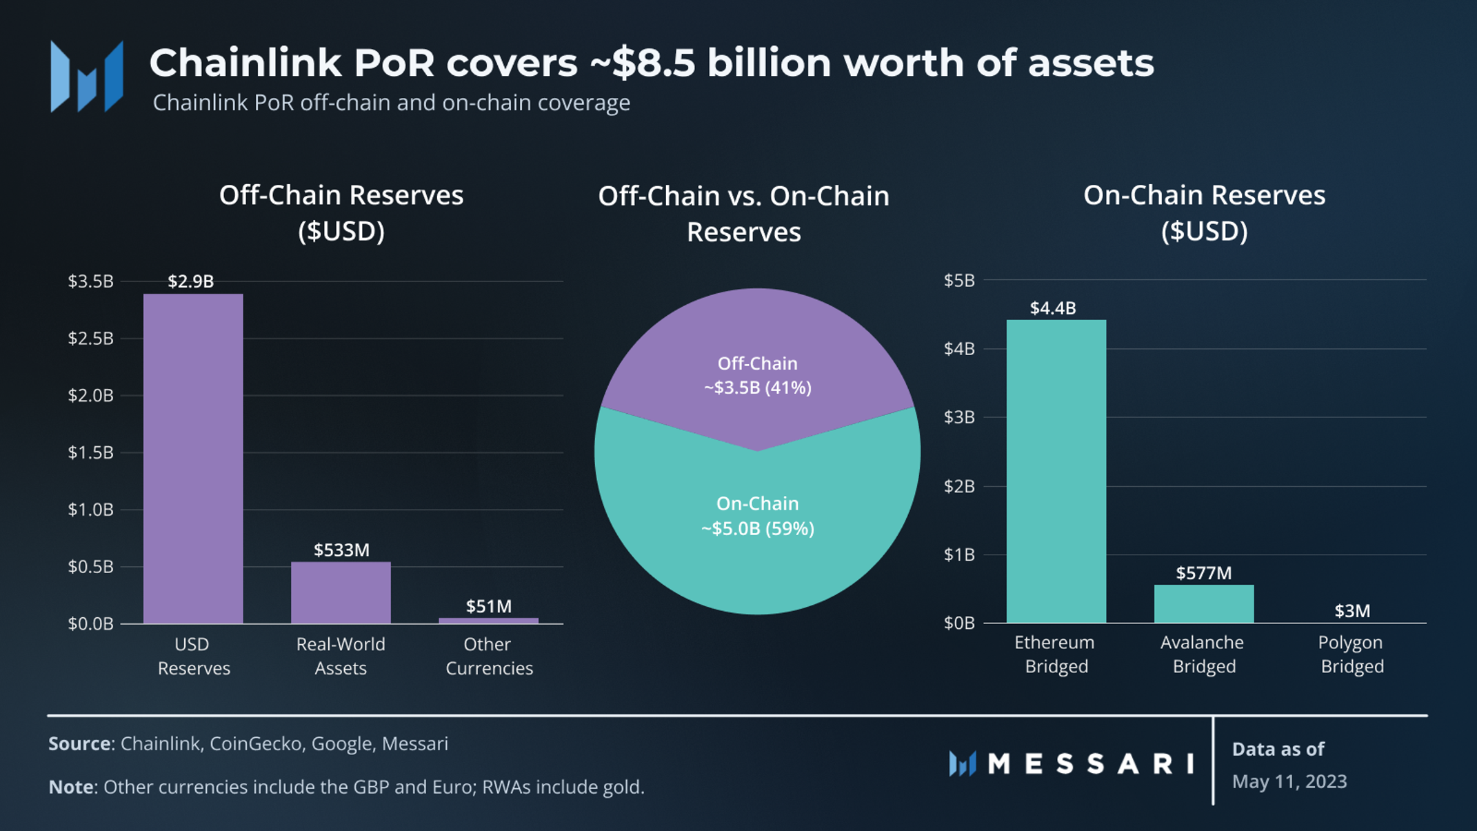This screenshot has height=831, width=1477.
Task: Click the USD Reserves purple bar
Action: tap(193, 459)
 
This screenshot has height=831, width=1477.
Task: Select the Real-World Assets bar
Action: tap(341, 592)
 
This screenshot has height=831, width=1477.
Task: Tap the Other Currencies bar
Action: tap(488, 621)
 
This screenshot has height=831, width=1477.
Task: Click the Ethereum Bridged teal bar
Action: tap(1056, 471)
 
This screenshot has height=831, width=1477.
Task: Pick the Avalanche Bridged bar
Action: tap(1204, 603)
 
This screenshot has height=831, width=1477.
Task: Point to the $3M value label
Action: tap(1352, 611)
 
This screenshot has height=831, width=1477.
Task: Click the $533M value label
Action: tap(341, 550)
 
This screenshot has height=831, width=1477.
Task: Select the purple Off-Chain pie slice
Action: tap(757, 345)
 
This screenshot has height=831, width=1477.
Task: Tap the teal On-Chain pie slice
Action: tap(757, 552)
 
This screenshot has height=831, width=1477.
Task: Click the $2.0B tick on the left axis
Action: tap(90, 395)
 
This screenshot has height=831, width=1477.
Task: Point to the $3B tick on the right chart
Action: tap(959, 417)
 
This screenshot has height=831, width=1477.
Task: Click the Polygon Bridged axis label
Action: tap(1351, 654)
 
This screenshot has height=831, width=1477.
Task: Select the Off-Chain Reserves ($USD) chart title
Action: tap(341, 212)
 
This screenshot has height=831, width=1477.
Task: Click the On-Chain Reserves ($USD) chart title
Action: tap(1204, 212)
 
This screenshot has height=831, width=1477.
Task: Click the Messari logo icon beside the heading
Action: tap(87, 76)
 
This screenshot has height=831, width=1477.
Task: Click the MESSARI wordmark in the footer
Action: tap(1089, 763)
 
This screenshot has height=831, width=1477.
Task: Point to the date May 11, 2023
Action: tap(1289, 781)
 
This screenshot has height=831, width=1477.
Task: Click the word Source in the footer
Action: tap(79, 743)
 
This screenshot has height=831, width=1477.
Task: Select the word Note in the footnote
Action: tap(70, 787)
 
